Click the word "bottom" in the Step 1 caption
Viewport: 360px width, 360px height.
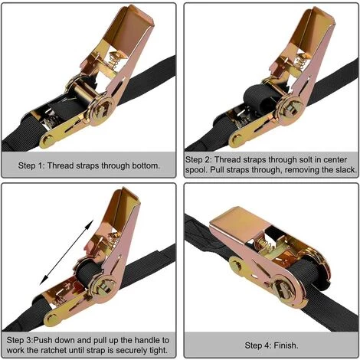point(146,165)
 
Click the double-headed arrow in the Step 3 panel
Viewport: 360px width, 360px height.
point(67,253)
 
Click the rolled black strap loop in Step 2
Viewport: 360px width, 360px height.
point(257,97)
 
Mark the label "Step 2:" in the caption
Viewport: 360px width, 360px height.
point(198,160)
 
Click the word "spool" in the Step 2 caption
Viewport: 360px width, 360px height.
point(196,170)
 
